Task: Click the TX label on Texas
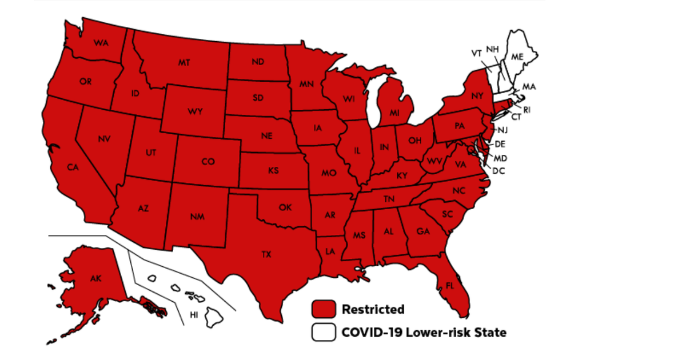[x=266, y=254]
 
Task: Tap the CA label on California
[x=73, y=167]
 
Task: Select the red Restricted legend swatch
[x=324, y=309]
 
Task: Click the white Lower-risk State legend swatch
[x=324, y=332]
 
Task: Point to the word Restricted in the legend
[x=373, y=310]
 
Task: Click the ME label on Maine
[x=517, y=57]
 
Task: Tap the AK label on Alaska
[x=95, y=279]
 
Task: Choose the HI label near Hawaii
[x=194, y=314]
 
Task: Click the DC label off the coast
[x=498, y=170]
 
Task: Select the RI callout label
[x=527, y=109]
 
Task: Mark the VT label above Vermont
[x=476, y=53]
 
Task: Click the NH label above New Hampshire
[x=492, y=48]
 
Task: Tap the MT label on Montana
[x=184, y=62]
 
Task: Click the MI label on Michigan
[x=394, y=113]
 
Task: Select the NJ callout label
[x=502, y=130]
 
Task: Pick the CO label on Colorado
[x=208, y=162]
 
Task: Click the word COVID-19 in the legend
[x=366, y=332]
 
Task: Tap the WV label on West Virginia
[x=435, y=162]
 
